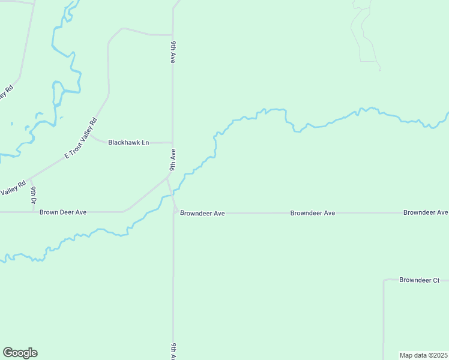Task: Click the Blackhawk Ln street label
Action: pyautogui.click(x=128, y=143)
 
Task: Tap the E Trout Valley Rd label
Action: pyautogui.click(x=80, y=139)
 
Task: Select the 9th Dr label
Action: pyautogui.click(x=34, y=195)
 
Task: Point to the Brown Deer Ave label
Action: pyautogui.click(x=64, y=212)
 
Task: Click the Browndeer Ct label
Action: pyautogui.click(x=420, y=280)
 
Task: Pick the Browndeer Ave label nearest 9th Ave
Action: pyautogui.click(x=202, y=213)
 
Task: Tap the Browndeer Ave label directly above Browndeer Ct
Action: pyautogui.click(x=426, y=212)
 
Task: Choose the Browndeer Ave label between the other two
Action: pyautogui.click(x=312, y=213)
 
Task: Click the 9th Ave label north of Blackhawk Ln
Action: pyautogui.click(x=173, y=53)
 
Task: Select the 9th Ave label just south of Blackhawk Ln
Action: pyautogui.click(x=173, y=159)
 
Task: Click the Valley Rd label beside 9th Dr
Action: pyautogui.click(x=12, y=190)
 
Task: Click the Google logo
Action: pyautogui.click(x=20, y=353)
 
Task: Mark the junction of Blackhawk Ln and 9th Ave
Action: pyautogui.click(x=173, y=143)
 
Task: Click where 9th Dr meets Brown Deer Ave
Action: pyautogui.click(x=33, y=212)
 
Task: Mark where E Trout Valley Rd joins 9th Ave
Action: pyautogui.click(x=168, y=177)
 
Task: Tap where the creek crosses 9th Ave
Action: pyautogui.click(x=173, y=193)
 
